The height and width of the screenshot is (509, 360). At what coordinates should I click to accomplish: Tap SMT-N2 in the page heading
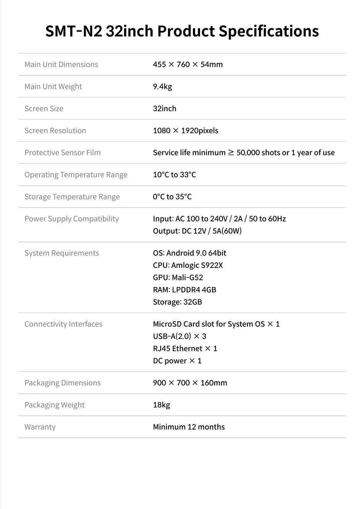[74, 31]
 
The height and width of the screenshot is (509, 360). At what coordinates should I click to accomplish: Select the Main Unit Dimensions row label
[61, 64]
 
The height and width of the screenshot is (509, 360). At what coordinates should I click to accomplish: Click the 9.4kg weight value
[162, 86]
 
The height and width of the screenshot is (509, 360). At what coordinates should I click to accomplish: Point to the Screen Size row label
[44, 108]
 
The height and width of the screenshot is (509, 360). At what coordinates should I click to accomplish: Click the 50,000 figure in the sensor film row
[248, 153]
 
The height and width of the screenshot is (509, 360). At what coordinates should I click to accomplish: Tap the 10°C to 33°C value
[174, 175]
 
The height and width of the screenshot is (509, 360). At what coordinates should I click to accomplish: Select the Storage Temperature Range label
[72, 197]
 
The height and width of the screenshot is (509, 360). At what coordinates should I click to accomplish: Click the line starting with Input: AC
[219, 219]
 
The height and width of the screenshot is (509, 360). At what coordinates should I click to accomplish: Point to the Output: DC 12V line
[197, 231]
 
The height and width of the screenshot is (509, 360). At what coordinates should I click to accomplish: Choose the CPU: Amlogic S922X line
[188, 265]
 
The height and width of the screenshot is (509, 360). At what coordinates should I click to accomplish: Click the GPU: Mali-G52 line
[178, 278]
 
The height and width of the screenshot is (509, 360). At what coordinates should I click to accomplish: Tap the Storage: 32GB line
[177, 302]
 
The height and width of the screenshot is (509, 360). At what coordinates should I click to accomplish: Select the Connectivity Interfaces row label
[63, 324]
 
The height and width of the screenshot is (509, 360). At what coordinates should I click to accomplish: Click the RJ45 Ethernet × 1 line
[185, 349]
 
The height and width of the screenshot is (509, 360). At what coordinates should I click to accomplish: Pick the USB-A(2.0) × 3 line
[179, 336]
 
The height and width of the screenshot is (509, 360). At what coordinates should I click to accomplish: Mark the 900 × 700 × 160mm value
[190, 383]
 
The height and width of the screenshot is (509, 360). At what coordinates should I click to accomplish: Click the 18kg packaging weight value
[161, 405]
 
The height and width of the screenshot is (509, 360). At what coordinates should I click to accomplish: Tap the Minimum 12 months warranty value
[189, 427]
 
